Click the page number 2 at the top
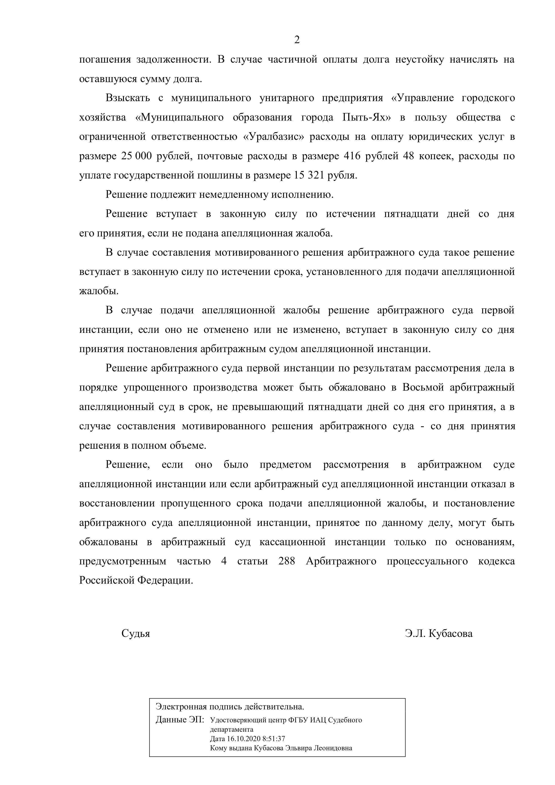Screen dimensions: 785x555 click(x=297, y=40)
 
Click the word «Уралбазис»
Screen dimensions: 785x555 click(x=274, y=137)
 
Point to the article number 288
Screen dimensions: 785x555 click(x=287, y=561)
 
